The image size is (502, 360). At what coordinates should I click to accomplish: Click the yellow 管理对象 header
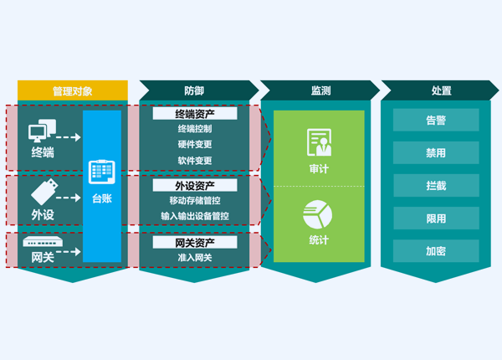click(73, 90)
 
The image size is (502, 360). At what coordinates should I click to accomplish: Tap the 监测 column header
click(320, 90)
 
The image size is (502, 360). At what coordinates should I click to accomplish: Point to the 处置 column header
click(440, 90)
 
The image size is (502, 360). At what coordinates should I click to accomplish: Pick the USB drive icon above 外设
click(44, 192)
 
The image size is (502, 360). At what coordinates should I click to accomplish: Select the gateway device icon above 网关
click(43, 241)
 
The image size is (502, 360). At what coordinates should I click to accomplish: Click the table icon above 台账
click(102, 172)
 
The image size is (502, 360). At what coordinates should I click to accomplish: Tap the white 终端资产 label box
click(195, 114)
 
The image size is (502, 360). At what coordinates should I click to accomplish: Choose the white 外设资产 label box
click(195, 186)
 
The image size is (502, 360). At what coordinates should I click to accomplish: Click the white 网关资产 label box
click(195, 243)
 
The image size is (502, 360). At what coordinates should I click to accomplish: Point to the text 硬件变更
click(195, 145)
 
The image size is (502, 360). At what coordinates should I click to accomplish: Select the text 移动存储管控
click(195, 201)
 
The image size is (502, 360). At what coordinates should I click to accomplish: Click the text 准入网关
click(195, 258)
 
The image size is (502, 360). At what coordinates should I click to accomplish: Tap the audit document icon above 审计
click(320, 142)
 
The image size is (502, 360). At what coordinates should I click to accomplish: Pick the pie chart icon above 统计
click(318, 214)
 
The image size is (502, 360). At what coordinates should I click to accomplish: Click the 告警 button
click(436, 120)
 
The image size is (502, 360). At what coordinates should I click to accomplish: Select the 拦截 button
click(436, 186)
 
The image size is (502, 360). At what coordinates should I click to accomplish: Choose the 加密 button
click(436, 251)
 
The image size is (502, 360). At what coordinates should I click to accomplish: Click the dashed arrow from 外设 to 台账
click(69, 198)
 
